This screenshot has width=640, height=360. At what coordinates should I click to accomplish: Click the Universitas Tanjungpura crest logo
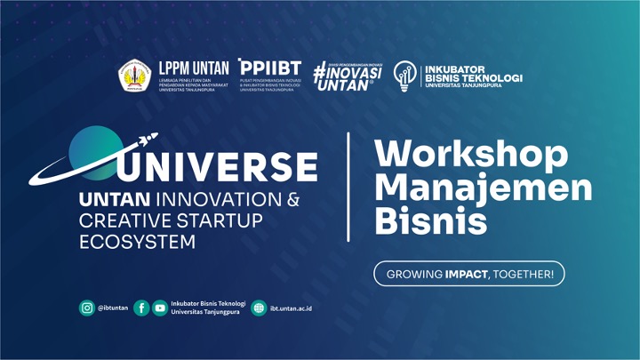137,76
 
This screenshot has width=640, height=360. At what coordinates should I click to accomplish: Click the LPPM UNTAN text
192,67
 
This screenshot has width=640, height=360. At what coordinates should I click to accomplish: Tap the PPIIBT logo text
270,68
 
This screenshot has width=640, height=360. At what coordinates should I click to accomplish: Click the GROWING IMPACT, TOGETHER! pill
469,274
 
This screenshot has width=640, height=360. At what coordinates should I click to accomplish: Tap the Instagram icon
86,308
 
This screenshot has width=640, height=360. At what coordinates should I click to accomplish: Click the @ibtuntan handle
113,308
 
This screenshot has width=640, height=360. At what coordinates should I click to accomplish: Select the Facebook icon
140,308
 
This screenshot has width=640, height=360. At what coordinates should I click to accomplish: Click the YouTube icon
160,308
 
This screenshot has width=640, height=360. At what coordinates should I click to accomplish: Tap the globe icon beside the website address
259,308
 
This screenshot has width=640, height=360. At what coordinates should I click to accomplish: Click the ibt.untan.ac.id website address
296,308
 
